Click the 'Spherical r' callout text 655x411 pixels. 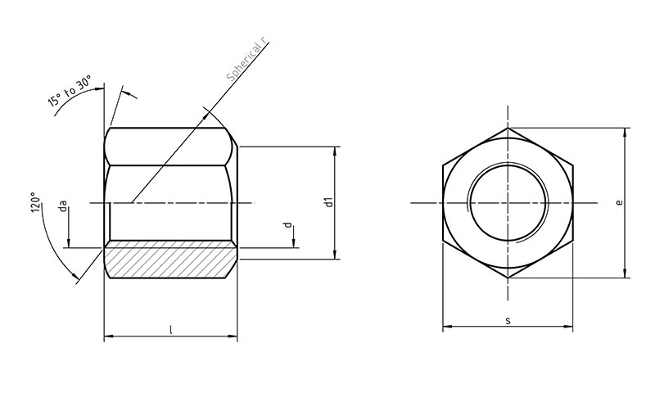[x=246, y=60]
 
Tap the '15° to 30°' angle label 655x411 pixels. [x=70, y=91]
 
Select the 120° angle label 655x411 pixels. [x=36, y=202]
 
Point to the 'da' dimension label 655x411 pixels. [x=63, y=206]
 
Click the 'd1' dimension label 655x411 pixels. [x=330, y=202]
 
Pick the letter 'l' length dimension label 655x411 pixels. [x=170, y=330]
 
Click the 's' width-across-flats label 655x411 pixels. [x=508, y=321]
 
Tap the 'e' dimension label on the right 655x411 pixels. [x=620, y=202]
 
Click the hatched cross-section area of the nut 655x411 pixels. [x=171, y=259]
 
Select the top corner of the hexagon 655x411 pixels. [x=508, y=128]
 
